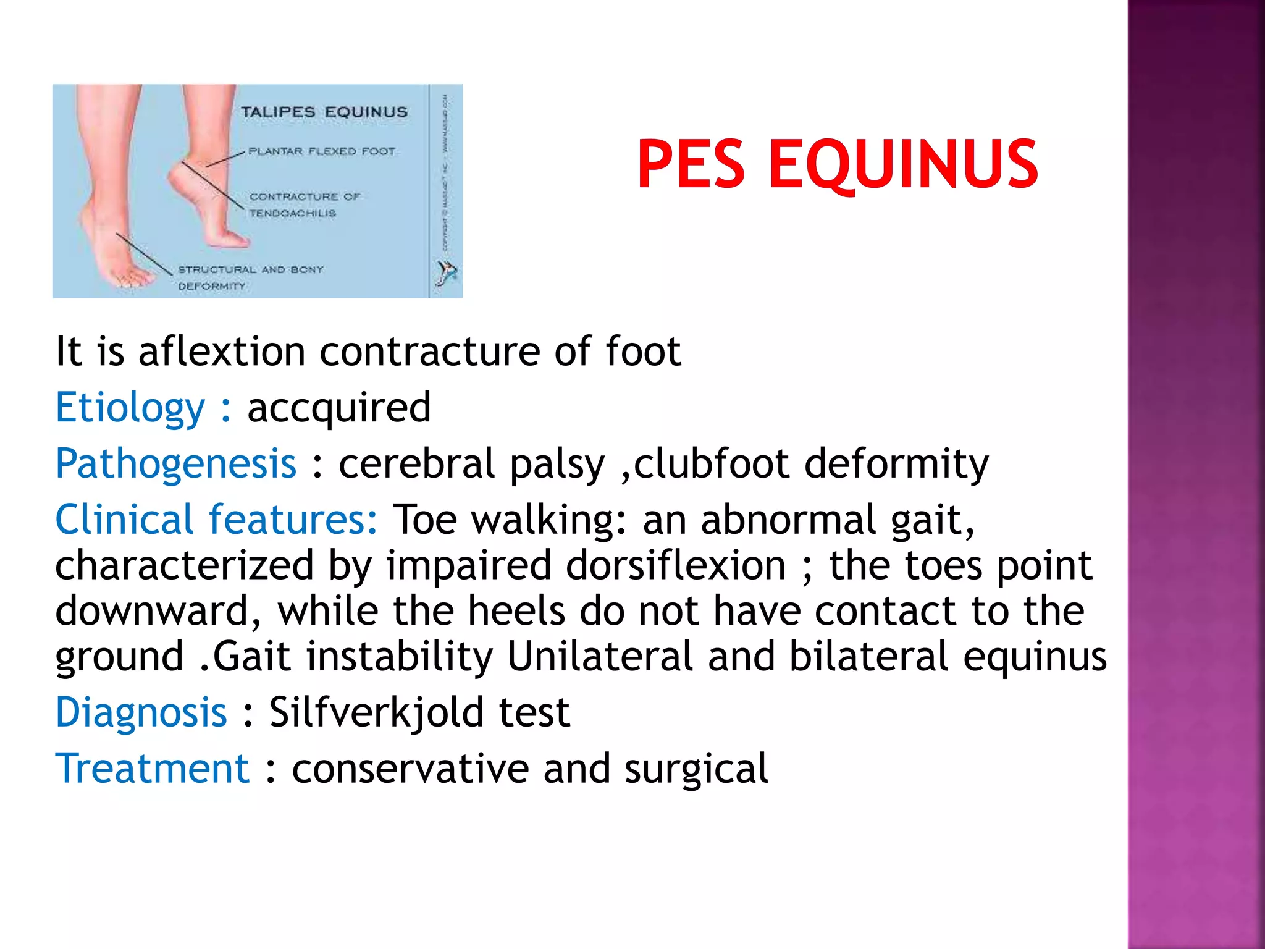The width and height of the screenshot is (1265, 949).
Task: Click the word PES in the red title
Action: coord(691,164)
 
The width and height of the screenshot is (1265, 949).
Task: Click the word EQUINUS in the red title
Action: coord(902,165)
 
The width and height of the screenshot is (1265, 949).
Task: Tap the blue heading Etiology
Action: coord(130,408)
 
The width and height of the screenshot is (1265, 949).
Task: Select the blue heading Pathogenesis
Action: coord(176,463)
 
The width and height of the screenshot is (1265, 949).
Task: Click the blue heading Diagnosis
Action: coord(141,712)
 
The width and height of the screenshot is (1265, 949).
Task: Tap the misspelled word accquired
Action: coord(338,408)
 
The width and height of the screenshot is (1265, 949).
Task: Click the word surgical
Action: coord(696,769)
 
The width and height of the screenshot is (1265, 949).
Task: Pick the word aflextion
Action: coord(222,351)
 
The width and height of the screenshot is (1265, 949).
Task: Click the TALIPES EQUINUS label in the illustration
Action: coord(324,112)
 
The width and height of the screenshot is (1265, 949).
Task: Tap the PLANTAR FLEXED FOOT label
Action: coord(321,151)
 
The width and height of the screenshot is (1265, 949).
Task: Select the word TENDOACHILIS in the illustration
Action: coord(292,213)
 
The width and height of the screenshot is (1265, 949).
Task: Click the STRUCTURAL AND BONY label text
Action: coord(250,269)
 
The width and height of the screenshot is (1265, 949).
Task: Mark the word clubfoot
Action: coord(712,463)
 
